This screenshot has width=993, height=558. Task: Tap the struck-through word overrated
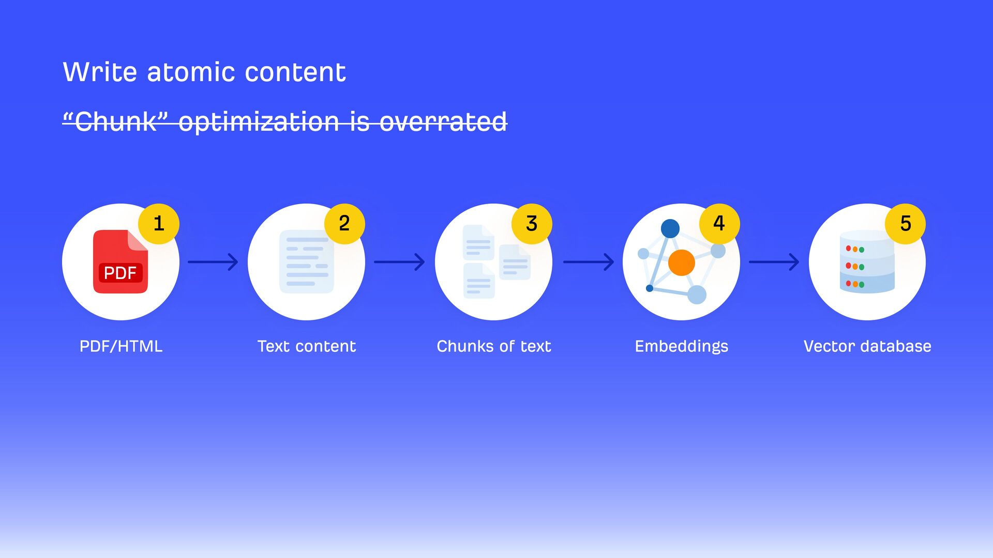(x=443, y=122)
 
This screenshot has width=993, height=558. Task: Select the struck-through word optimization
(x=259, y=122)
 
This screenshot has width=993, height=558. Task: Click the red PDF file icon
(x=120, y=261)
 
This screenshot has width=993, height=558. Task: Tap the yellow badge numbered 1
(x=159, y=223)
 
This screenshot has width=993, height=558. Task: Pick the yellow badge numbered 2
(x=344, y=223)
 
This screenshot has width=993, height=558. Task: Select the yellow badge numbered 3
(x=532, y=223)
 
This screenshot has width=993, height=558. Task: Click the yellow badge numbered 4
(x=719, y=223)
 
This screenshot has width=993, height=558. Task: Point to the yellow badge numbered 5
(x=905, y=223)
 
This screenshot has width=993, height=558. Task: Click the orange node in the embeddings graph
(x=681, y=262)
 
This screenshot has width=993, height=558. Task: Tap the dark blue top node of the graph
(x=670, y=228)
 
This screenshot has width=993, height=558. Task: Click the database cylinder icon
(x=867, y=262)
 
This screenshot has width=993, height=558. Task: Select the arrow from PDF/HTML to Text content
(x=213, y=262)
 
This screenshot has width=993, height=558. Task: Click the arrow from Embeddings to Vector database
(x=774, y=262)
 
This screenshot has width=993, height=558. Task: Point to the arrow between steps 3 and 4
(x=588, y=262)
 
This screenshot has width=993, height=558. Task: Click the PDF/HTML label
(x=121, y=346)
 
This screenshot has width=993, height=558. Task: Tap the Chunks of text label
(x=494, y=346)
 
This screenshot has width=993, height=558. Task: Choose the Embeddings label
(x=681, y=346)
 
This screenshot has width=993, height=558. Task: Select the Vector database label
(x=867, y=346)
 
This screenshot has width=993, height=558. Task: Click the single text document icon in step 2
(x=307, y=261)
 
